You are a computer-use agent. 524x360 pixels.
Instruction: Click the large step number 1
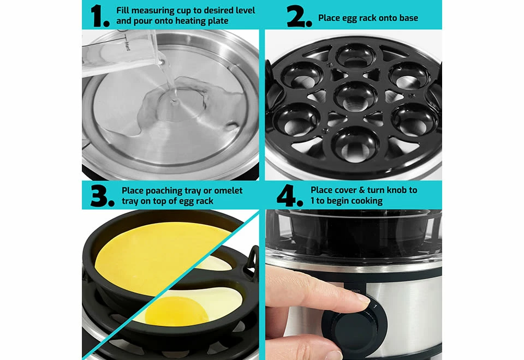(x=99, y=15)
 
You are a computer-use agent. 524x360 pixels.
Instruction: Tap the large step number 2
(x=299, y=16)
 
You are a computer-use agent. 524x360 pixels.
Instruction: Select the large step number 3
(x=102, y=196)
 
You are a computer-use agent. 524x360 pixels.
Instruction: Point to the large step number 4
(x=289, y=195)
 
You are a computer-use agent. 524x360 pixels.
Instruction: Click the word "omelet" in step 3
(x=228, y=191)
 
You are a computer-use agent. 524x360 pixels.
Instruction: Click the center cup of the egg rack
(x=355, y=96)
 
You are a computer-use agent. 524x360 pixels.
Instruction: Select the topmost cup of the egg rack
(x=356, y=56)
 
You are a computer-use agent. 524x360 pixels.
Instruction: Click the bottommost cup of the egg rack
(x=355, y=145)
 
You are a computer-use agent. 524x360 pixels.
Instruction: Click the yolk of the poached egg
(x=177, y=311)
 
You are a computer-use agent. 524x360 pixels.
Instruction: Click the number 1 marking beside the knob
(x=376, y=306)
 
